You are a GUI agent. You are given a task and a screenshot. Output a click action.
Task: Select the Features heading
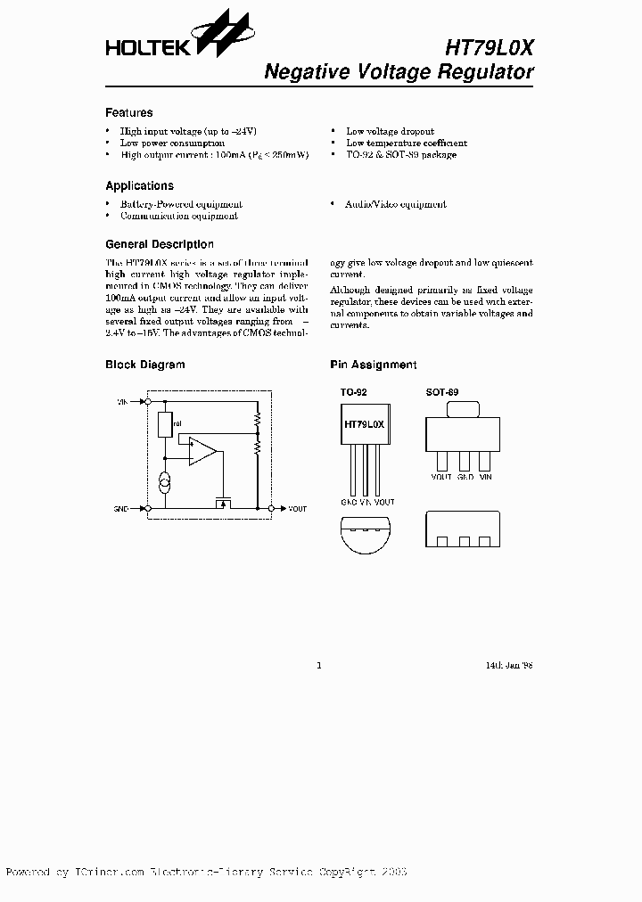(x=128, y=113)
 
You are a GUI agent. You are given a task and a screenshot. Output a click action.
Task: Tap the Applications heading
(x=139, y=186)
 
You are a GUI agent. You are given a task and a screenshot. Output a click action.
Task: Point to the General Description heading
(x=159, y=244)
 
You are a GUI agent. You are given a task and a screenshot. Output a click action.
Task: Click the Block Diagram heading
(x=144, y=365)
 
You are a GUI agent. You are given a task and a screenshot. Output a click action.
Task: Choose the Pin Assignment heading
(x=373, y=365)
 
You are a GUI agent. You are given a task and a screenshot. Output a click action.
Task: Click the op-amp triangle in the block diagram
(x=202, y=453)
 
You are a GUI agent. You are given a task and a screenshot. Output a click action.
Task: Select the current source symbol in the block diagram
(x=165, y=483)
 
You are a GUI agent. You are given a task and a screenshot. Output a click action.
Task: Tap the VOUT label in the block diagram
(x=297, y=509)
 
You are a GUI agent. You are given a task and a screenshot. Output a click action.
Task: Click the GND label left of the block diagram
(x=122, y=509)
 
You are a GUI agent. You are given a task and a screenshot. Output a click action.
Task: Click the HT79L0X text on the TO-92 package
(x=364, y=424)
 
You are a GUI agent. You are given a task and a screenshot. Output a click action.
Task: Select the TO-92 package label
(x=353, y=392)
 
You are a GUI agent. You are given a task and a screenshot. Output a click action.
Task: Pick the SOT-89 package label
(x=442, y=392)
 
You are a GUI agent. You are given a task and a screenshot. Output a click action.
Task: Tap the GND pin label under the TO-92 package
(x=349, y=503)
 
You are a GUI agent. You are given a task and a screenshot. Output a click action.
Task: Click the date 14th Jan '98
(x=509, y=665)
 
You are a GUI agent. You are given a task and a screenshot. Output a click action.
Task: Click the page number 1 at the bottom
(x=318, y=665)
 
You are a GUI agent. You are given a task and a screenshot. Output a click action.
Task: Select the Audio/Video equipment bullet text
(x=396, y=204)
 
